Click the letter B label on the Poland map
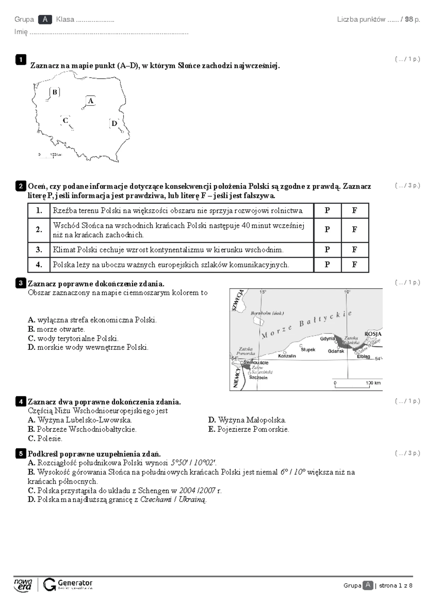pyautogui.click(x=55, y=92)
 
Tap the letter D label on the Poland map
pyautogui.click(x=114, y=123)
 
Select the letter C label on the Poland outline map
pyautogui.click(x=65, y=120)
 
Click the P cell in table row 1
pyautogui.click(x=327, y=211)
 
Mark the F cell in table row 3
pyautogui.click(x=354, y=250)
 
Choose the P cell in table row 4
pyautogui.click(x=327, y=265)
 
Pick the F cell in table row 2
pyautogui.click(x=354, y=230)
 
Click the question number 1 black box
pyautogui.click(x=21, y=60)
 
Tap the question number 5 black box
pyautogui.click(x=21, y=453)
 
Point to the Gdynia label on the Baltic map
pyautogui.click(x=327, y=338)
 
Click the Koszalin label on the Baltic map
pyautogui.click(x=287, y=356)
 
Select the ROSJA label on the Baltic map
pyautogui.click(x=372, y=334)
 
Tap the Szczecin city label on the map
pyautogui.click(x=258, y=377)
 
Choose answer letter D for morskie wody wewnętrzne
pyautogui.click(x=31, y=347)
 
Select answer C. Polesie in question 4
pyautogui.click(x=31, y=439)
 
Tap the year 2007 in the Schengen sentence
pyautogui.click(x=208, y=490)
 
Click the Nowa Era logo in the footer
pyautogui.click(x=23, y=584)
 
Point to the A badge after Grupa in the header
pyautogui.click(x=45, y=20)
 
